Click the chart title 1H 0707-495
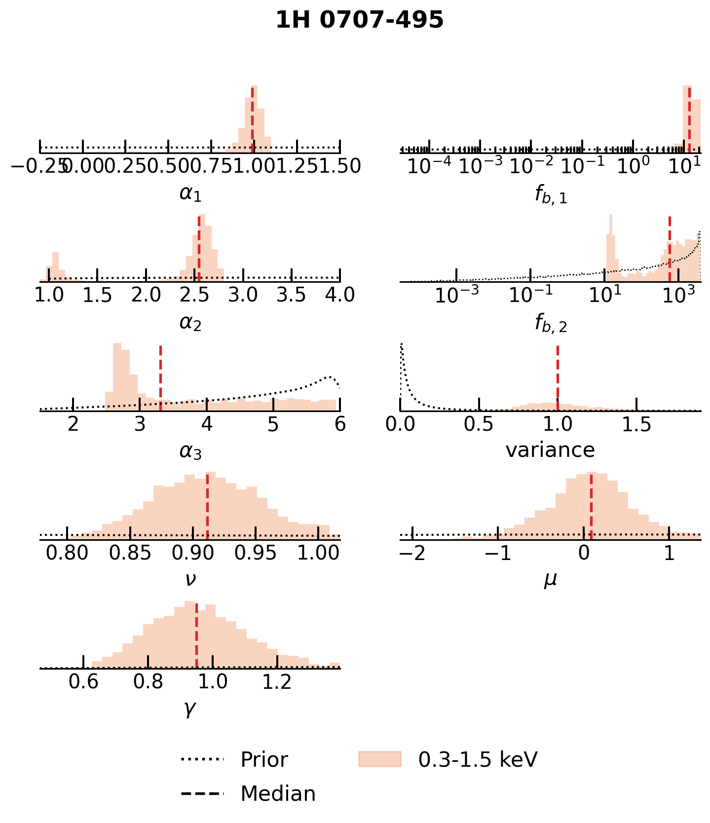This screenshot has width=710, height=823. click(359, 21)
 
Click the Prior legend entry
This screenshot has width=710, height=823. click(263, 759)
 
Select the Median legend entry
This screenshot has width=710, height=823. click(277, 794)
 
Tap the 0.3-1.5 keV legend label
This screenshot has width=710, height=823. click(477, 759)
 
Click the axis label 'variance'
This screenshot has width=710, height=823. click(550, 450)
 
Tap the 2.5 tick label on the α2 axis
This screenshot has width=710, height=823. click(195, 295)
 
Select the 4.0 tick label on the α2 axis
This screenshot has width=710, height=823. click(340, 295)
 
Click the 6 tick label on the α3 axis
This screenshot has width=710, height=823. click(340, 424)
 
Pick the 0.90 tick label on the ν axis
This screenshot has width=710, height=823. click(193, 553)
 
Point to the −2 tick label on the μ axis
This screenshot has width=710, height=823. click(412, 553)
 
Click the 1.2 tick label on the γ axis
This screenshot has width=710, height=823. click(277, 682)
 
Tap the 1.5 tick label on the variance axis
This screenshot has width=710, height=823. click(636, 424)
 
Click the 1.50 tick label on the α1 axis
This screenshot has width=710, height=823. click(340, 166)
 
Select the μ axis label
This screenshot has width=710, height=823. click(550, 579)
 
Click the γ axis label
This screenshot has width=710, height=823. click(190, 709)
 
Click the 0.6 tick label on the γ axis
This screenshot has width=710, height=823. click(83, 682)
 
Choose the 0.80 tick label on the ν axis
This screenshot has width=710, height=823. click(67, 553)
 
